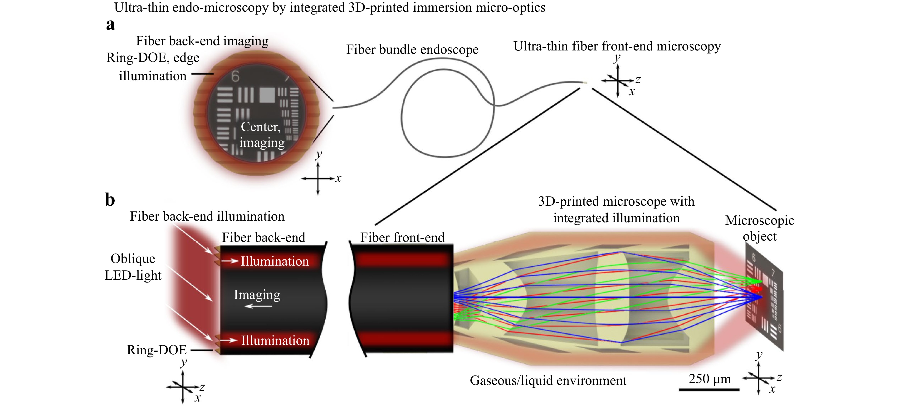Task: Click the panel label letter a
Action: [x=111, y=25]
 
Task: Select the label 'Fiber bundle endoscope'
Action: [x=412, y=50]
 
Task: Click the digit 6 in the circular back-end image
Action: [x=235, y=76]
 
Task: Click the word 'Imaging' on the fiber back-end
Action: [x=257, y=295]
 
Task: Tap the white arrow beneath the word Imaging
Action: [x=258, y=306]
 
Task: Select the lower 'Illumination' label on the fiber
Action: [x=275, y=340]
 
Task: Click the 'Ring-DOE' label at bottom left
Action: [x=157, y=350]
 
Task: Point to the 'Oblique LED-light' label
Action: [x=133, y=267]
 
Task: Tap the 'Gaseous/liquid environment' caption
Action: [x=548, y=381]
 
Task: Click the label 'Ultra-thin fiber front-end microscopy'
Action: [x=617, y=46]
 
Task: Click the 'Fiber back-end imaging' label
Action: [x=202, y=41]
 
